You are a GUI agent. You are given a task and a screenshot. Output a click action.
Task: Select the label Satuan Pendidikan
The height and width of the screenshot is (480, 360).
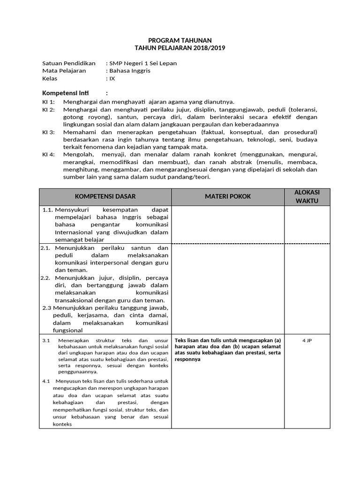[x=68, y=63]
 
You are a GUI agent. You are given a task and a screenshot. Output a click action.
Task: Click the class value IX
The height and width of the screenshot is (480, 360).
[x=112, y=78]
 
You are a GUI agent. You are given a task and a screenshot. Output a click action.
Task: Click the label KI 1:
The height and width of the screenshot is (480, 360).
[x=48, y=102]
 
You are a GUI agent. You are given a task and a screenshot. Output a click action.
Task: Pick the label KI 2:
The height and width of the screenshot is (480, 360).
[x=48, y=109]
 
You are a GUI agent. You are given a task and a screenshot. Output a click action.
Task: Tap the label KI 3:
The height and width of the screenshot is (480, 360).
[x=48, y=132]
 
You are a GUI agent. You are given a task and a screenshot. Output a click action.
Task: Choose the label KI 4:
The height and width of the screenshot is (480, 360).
[x=48, y=154]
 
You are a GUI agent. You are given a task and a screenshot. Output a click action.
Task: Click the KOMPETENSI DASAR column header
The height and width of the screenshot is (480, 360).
[x=105, y=196]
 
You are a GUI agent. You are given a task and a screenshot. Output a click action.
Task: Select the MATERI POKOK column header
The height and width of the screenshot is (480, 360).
[x=227, y=196]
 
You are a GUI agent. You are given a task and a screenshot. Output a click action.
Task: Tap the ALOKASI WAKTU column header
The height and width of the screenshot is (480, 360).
[x=307, y=196]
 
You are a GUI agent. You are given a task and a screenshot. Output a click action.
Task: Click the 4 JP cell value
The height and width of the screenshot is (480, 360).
[x=307, y=340]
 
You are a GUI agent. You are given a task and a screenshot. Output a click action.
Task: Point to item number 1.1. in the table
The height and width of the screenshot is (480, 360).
[x=47, y=210]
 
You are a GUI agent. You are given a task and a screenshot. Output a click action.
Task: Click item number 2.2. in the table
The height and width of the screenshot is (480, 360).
[x=45, y=277]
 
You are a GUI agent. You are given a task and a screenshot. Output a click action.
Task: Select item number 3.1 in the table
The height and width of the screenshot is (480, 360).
[x=46, y=340]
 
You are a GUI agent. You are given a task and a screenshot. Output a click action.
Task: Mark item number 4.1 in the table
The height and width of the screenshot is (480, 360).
[x=46, y=381]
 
